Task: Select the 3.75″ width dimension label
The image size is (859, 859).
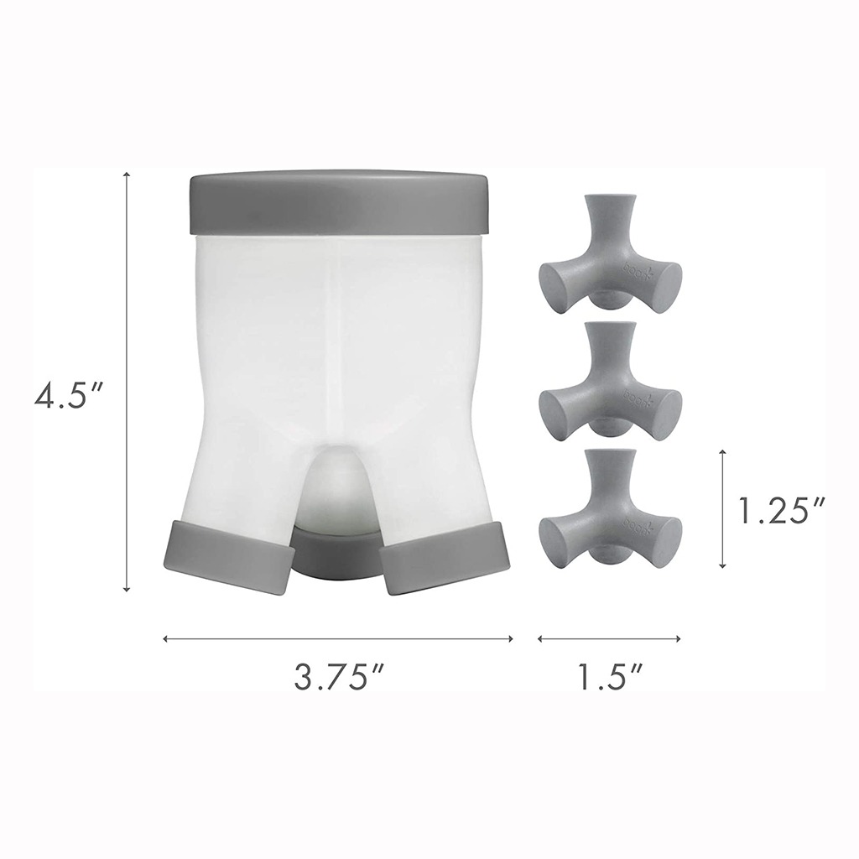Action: (x=332, y=677)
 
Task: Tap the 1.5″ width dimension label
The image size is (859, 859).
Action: (x=609, y=677)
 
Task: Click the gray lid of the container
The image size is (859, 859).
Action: (x=339, y=204)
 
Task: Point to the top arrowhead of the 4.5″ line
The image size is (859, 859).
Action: (x=127, y=175)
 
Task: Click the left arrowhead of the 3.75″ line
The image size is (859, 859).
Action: (x=166, y=638)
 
